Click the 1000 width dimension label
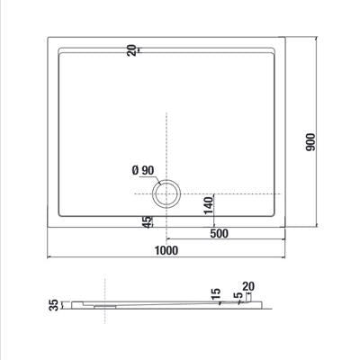pyautogui.click(x=166, y=250)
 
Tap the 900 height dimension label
pyautogui.click(x=311, y=142)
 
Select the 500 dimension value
pyautogui.click(x=219, y=233)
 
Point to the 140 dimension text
pyautogui.click(x=209, y=205)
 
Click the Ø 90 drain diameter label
pyautogui.click(x=143, y=170)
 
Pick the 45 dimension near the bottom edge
pyautogui.click(x=148, y=222)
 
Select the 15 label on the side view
pyautogui.click(x=216, y=294)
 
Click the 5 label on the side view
pyautogui.click(x=238, y=295)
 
